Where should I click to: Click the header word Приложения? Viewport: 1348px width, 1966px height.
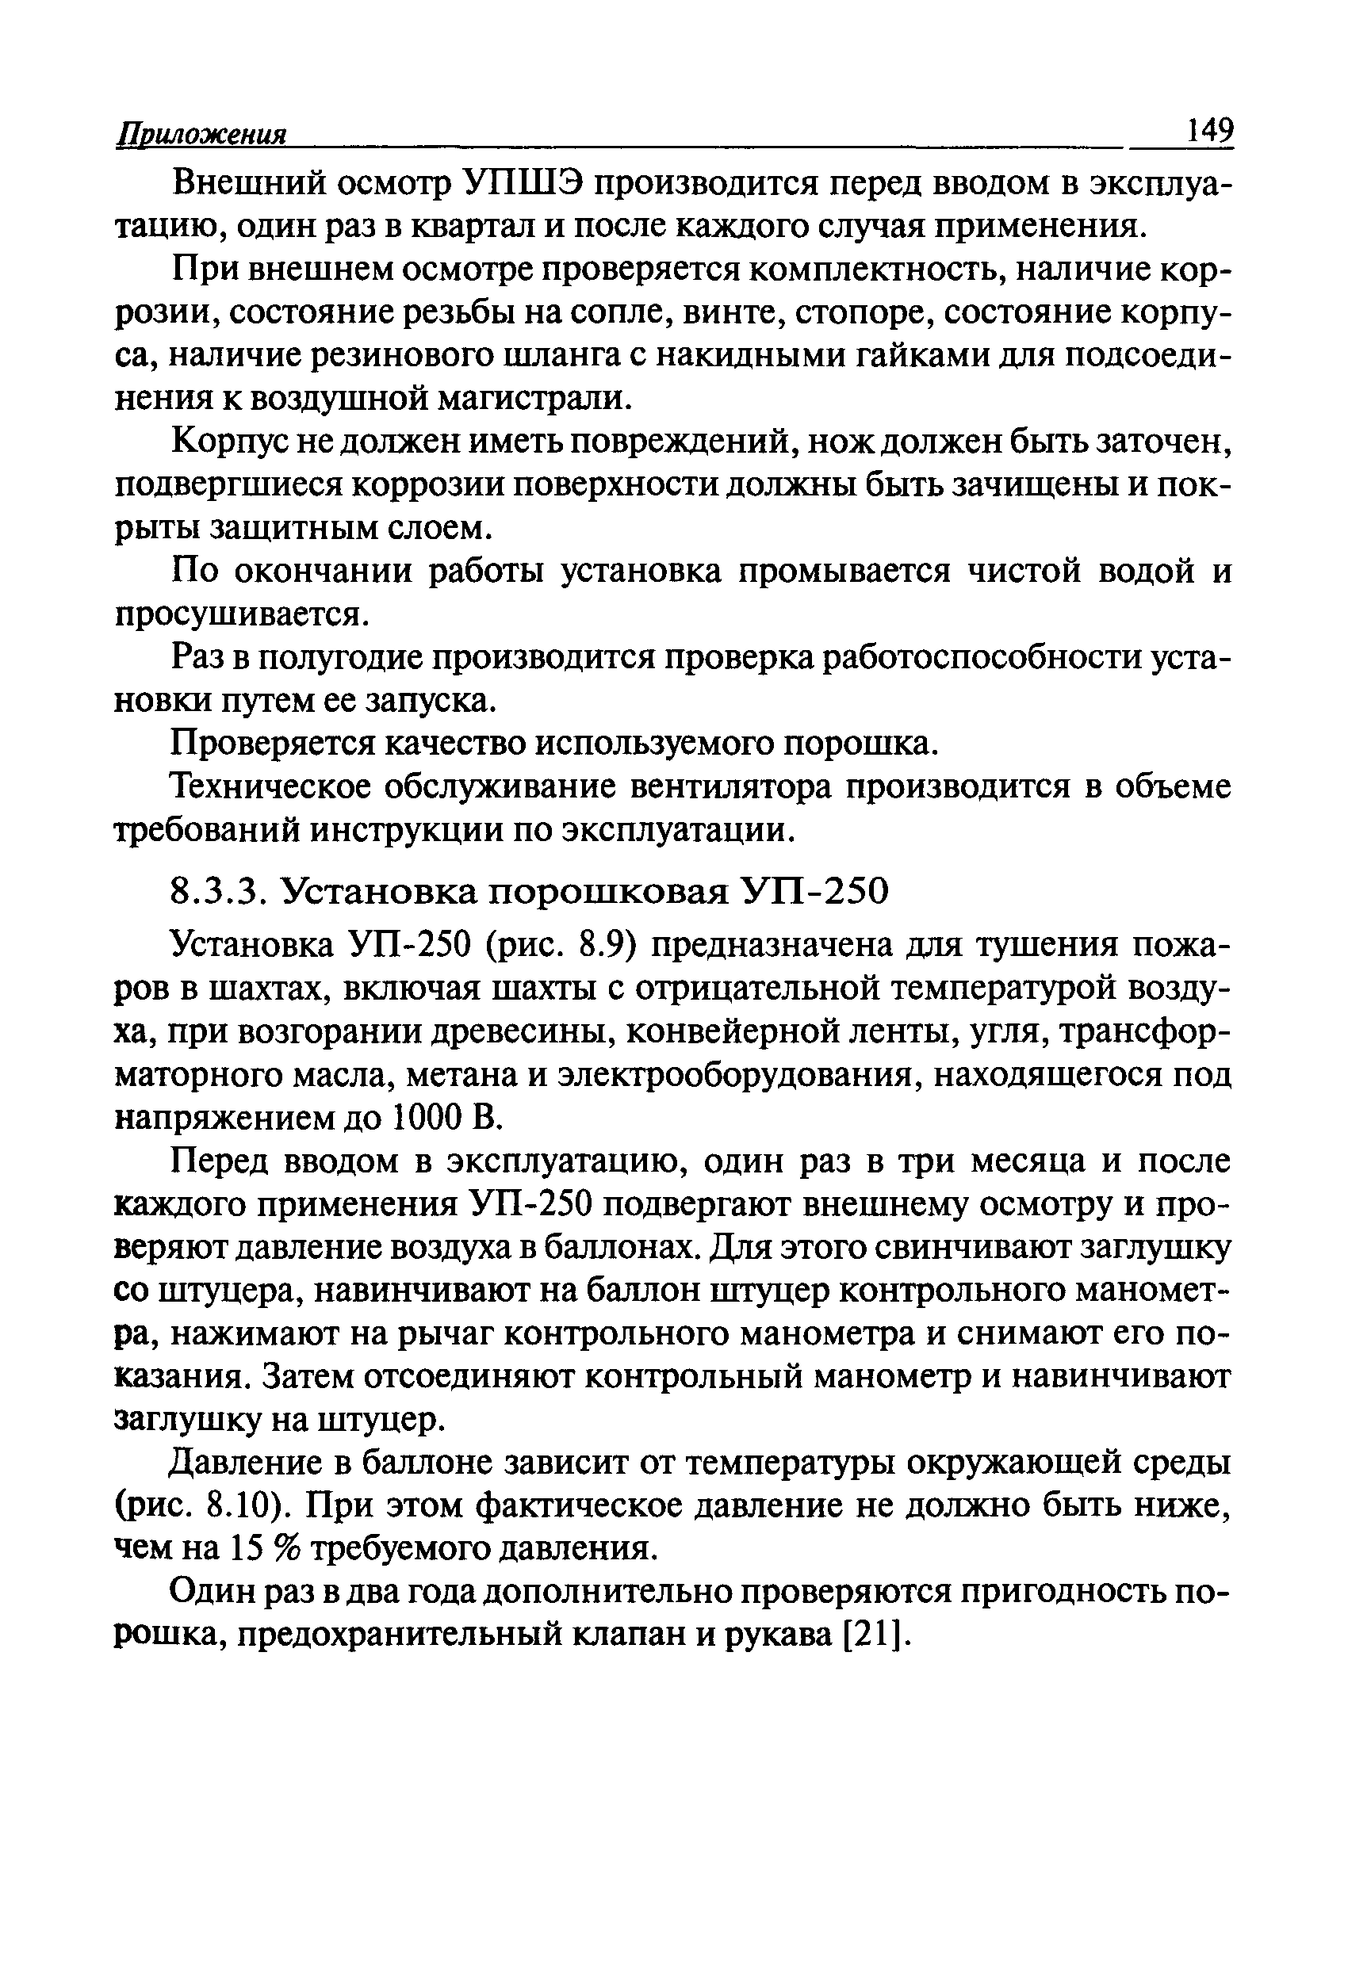coord(201,136)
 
